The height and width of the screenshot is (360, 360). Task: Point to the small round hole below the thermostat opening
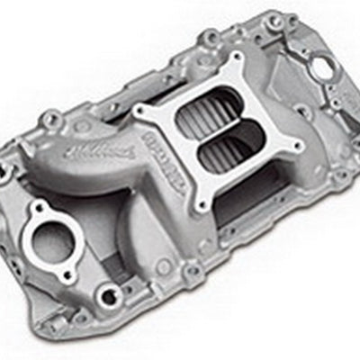tap(109, 294)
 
